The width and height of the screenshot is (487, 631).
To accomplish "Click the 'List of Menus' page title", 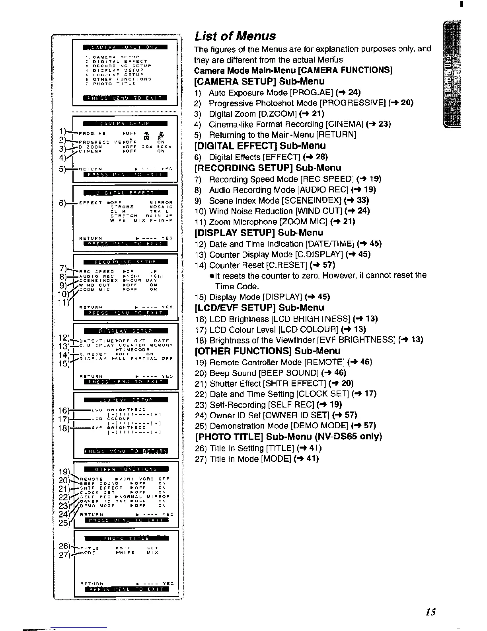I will (235, 36).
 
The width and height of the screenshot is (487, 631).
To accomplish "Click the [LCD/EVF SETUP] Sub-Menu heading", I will (259, 308).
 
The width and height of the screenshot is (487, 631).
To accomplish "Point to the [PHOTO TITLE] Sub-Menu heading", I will (288, 436).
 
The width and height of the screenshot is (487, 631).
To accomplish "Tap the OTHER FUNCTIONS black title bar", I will (125, 469).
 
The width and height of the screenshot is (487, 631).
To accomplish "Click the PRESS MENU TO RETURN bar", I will (126, 451).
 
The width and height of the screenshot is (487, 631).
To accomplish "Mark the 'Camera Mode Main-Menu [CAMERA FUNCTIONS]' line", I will (293, 71).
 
